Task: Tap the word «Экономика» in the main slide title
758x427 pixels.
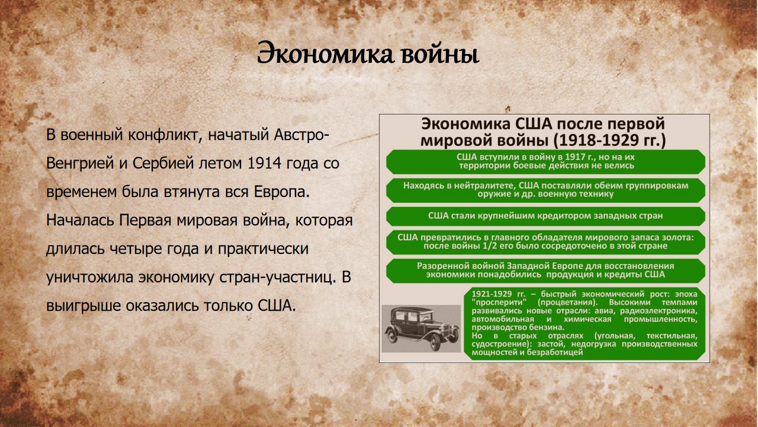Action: [x=325, y=53]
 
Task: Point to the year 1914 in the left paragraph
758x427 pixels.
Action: [x=264, y=163]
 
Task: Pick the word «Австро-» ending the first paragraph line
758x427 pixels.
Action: [x=301, y=135]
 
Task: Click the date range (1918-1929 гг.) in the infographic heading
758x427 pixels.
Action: [x=610, y=141]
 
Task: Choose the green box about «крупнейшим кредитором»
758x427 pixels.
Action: [x=545, y=216]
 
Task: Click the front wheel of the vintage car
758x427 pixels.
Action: [x=435, y=342]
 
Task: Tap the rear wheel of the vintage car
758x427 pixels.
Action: [x=391, y=336]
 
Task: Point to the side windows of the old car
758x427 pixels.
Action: [x=407, y=316]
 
